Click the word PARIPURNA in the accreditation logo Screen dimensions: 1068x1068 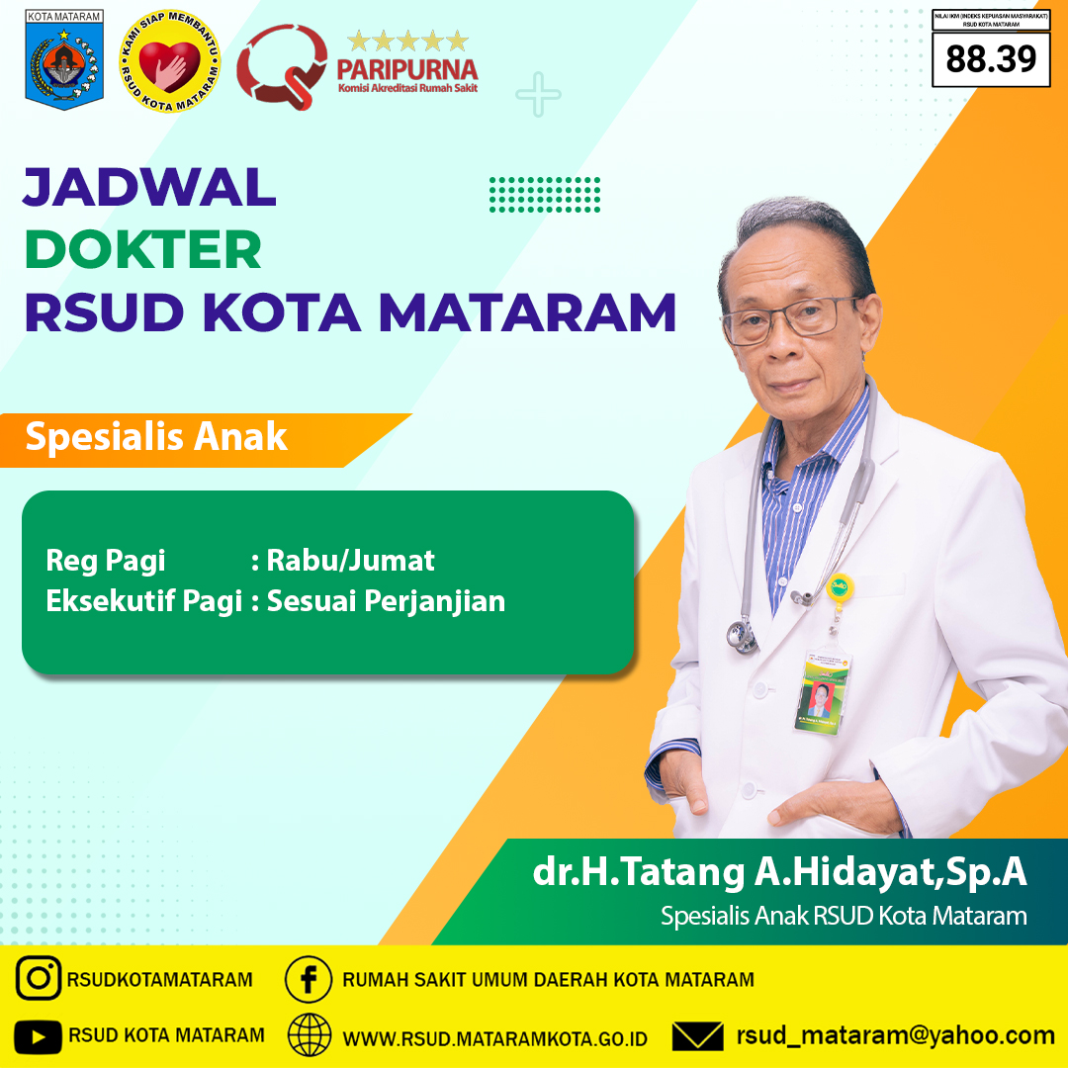[406, 70]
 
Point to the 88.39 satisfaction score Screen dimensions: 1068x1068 [991, 59]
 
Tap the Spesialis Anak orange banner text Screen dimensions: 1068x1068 [156, 436]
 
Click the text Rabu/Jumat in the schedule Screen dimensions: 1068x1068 [350, 562]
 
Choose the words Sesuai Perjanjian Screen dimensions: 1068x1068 [386, 600]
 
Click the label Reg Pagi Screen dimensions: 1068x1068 [106, 562]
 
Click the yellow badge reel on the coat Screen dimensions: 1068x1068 [840, 585]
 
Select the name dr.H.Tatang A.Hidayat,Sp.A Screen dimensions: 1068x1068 [779, 872]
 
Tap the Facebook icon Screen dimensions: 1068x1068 [309, 979]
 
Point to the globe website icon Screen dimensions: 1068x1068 [310, 1035]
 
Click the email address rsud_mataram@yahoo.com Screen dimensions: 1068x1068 [895, 1035]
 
